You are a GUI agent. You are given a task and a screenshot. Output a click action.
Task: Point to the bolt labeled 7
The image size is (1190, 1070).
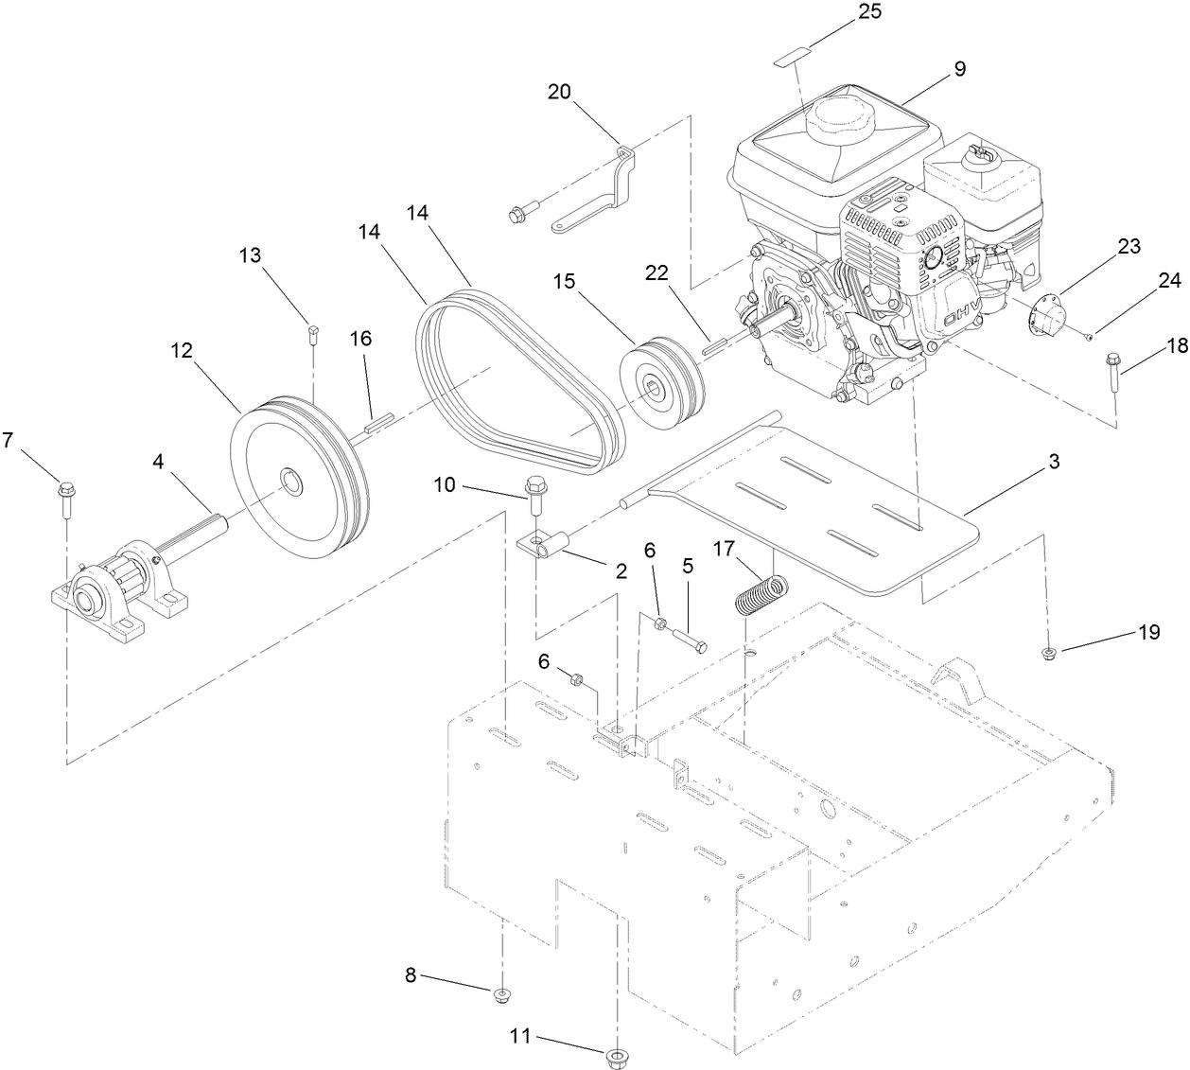(67, 498)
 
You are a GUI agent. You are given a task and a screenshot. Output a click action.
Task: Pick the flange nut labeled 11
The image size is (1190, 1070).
(617, 1053)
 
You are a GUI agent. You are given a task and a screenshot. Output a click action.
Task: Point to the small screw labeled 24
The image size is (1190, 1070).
(1090, 336)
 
